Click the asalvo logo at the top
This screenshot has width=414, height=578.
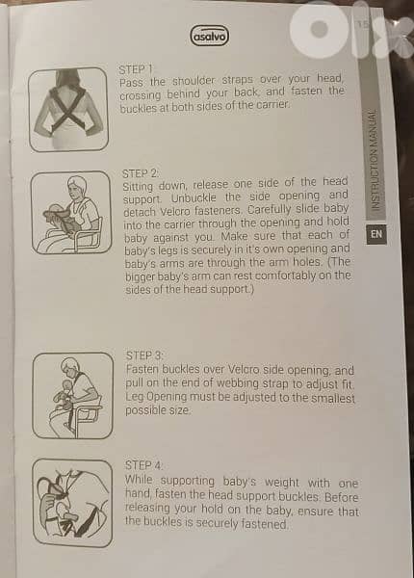click(210, 36)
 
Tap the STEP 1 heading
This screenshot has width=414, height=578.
click(135, 69)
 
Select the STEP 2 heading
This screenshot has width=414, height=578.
click(140, 173)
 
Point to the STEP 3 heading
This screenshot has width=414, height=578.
click(144, 355)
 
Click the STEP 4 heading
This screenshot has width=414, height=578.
click(143, 465)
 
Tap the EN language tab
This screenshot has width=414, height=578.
click(376, 234)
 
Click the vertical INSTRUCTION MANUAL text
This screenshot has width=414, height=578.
click(374, 160)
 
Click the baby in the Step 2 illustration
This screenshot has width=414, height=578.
click(58, 215)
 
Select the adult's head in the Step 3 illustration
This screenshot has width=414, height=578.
click(69, 366)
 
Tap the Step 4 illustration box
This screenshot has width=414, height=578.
click(72, 503)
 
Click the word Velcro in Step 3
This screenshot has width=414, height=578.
click(242, 369)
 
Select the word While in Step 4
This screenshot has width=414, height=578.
click(139, 480)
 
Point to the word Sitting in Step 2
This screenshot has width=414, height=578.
click(138, 186)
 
